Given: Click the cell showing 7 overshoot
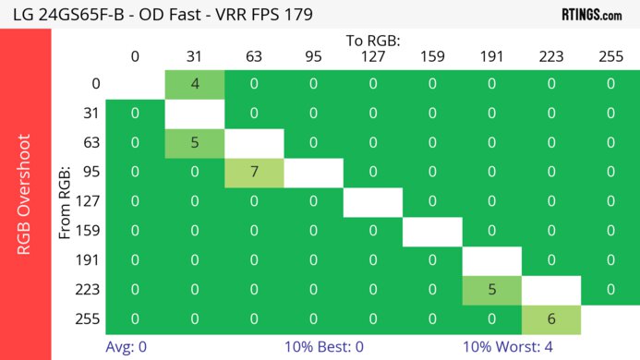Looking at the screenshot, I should click(254, 172).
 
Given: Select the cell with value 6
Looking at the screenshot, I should click(551, 318).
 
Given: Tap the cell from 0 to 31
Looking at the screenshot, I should click(195, 84).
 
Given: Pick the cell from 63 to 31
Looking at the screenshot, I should click(195, 143).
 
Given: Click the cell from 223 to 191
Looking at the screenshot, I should click(491, 289).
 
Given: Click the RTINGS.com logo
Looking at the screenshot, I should click(591, 15).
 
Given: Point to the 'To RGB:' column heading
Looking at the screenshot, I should click(373, 41).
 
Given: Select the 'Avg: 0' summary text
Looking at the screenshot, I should click(127, 349).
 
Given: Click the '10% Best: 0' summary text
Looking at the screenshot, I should click(331, 349).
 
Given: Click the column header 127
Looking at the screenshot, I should click(373, 56).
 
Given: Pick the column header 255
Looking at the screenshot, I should click(610, 56).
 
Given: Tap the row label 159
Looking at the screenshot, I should click(90, 231).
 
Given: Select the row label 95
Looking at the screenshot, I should click(90, 172).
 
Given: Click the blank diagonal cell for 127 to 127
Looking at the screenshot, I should click(373, 201).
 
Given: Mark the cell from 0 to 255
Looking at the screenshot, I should click(610, 84).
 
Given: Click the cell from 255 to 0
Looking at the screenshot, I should click(135, 318).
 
